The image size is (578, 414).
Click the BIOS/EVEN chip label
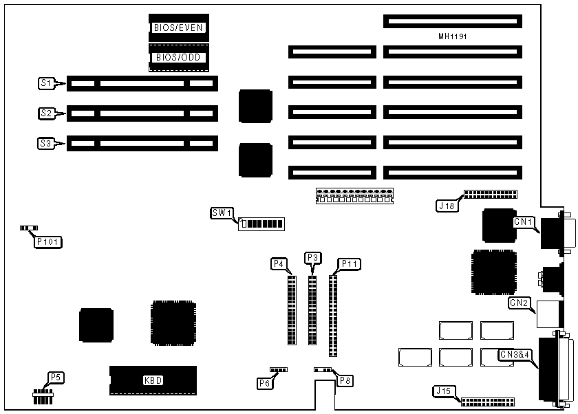point(179,28)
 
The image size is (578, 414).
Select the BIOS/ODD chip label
point(179,57)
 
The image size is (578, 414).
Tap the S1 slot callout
point(46,84)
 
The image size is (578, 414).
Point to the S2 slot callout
point(46,113)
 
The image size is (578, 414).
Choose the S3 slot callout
point(46,143)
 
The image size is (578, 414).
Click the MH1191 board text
point(452,36)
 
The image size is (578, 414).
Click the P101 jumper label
point(48,241)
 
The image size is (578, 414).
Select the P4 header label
point(279,263)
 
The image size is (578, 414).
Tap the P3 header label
point(312,257)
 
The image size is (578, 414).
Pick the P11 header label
point(349,263)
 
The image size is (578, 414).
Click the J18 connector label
point(446,204)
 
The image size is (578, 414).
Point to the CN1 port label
point(524,221)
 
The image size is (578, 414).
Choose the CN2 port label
point(519,302)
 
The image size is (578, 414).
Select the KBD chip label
point(153,380)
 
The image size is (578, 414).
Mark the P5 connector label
point(55,377)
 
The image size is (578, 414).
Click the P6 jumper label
point(265,383)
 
